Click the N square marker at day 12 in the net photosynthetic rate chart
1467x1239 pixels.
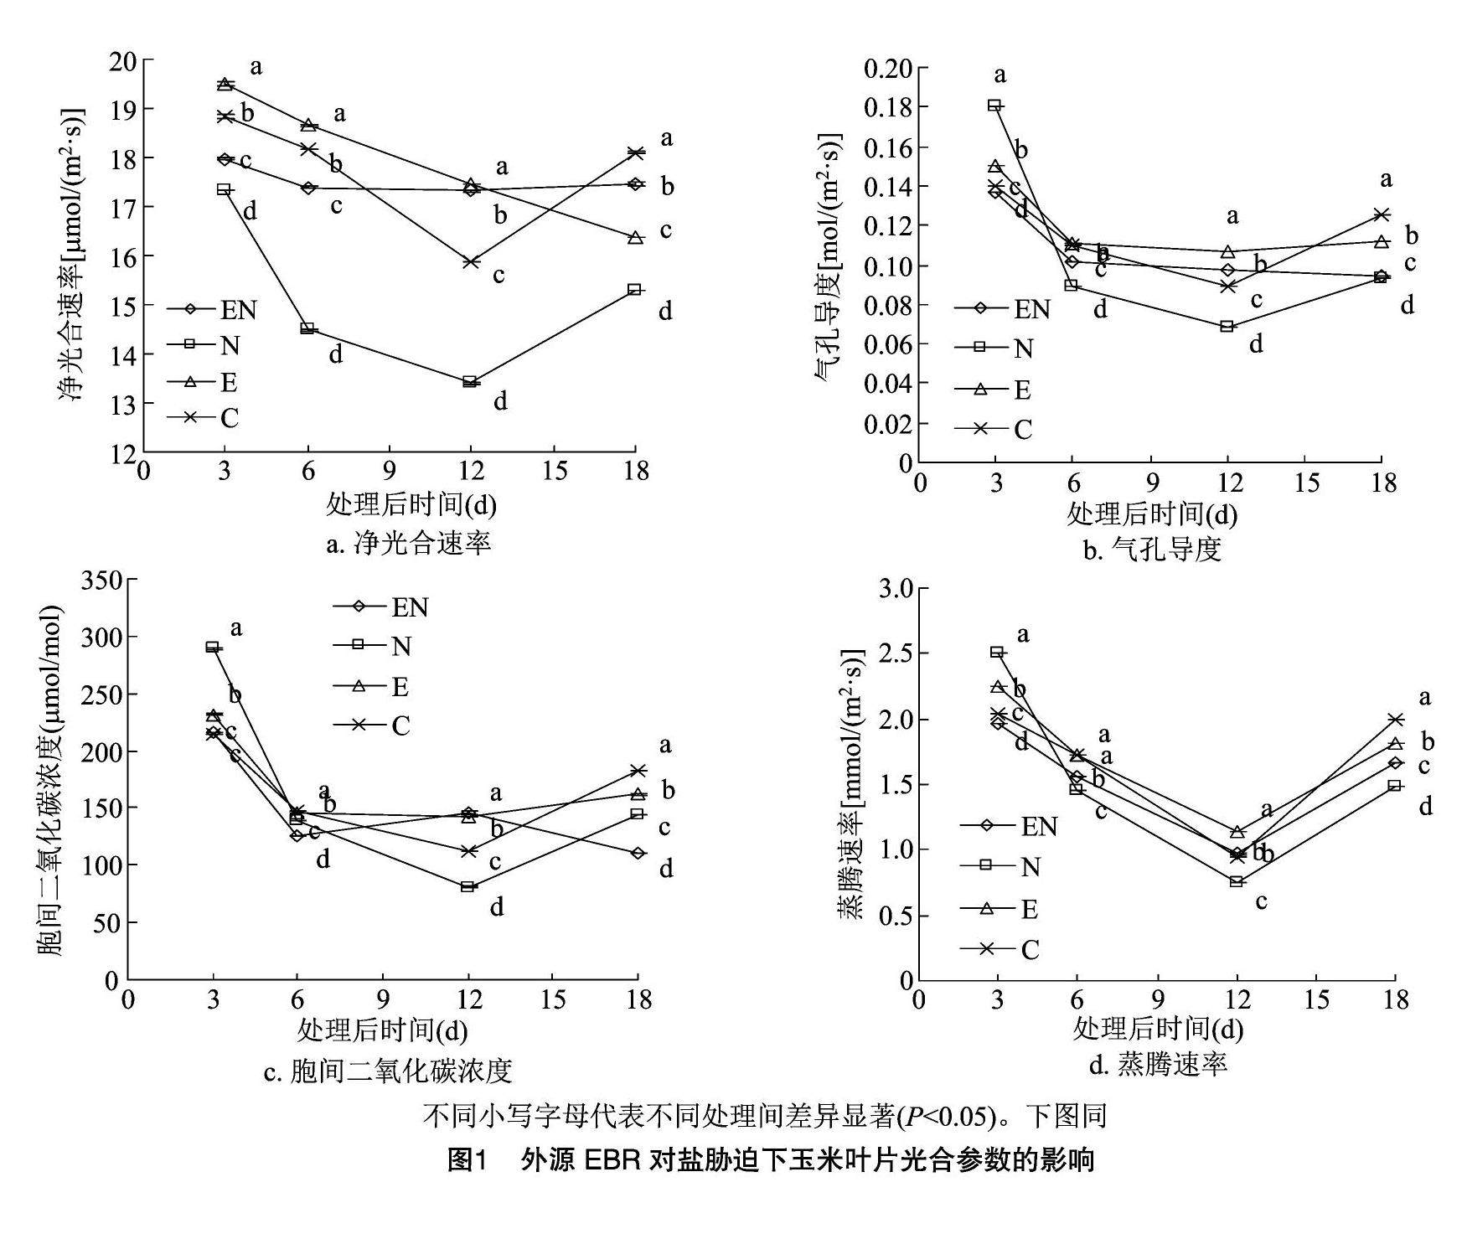[x=470, y=382]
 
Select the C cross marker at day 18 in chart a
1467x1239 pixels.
[x=635, y=152]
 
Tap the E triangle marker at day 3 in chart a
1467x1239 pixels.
[x=225, y=84]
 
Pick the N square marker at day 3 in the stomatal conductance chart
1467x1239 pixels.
[x=994, y=106]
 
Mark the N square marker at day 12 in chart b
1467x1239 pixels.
[x=1227, y=326]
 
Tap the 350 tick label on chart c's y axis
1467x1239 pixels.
[x=101, y=580]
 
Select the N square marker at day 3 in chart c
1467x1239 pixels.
[x=213, y=647]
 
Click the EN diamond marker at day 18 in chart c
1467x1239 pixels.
[x=638, y=853]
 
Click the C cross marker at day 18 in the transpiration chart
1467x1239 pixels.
[x=1395, y=720]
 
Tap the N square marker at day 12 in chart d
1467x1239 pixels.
[x=1236, y=881]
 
